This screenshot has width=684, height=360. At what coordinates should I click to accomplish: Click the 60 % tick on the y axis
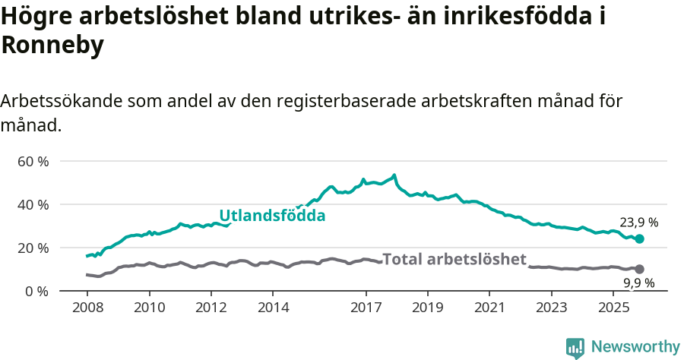[33, 162]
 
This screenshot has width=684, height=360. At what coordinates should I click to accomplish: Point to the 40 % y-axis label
[33, 205]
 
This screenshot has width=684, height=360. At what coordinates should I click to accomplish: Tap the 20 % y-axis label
[33, 248]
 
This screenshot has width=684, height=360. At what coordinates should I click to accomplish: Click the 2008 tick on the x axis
[87, 309]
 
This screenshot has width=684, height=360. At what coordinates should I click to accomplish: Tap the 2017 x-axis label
[366, 309]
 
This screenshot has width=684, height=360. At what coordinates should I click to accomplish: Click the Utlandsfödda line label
[272, 216]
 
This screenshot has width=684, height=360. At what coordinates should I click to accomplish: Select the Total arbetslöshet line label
[454, 259]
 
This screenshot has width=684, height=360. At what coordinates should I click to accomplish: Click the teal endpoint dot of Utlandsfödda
[639, 239]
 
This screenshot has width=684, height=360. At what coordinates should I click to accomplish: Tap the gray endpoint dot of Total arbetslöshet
[639, 269]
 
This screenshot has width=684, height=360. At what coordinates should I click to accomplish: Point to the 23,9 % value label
[638, 223]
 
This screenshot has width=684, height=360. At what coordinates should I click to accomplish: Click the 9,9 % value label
[638, 283]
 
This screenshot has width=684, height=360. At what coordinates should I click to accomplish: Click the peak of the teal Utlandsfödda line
[394, 175]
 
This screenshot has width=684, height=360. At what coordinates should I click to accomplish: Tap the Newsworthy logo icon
[575, 347]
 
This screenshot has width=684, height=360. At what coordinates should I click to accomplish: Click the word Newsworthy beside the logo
[635, 347]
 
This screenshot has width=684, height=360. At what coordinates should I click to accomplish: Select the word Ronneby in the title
[52, 46]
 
